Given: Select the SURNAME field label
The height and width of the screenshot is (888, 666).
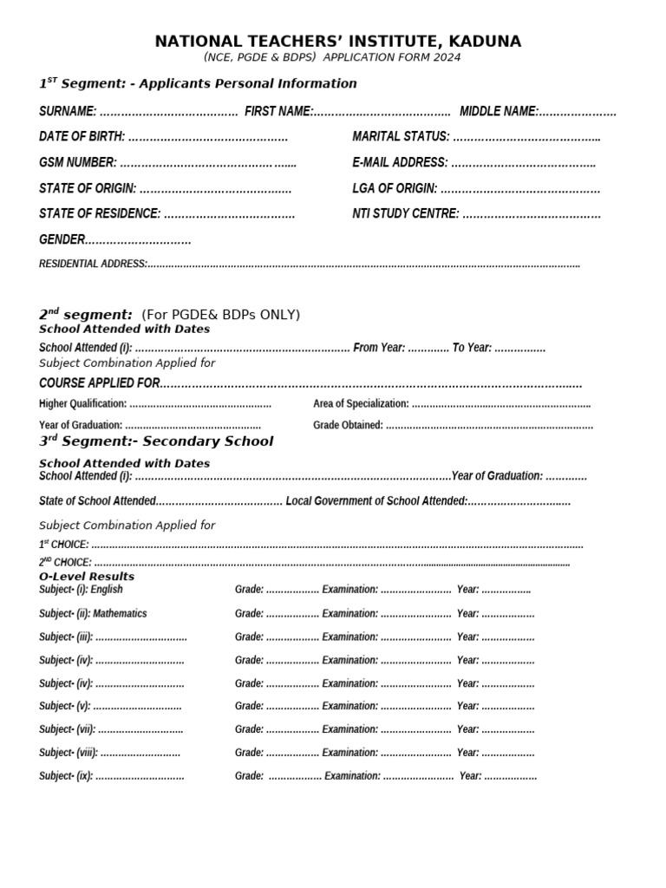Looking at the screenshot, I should tap(68, 111).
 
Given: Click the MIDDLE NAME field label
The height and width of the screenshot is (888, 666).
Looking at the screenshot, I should tap(499, 111).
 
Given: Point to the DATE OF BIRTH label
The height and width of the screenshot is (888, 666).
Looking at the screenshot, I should tap(82, 137).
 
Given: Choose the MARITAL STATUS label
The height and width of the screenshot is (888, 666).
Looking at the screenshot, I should tap(401, 137).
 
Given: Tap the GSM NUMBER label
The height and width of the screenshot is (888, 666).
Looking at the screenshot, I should tap(78, 162).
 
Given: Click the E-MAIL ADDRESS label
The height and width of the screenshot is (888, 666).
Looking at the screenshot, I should tap(400, 162).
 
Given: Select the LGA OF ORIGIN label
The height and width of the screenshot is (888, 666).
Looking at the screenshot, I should tap(395, 188).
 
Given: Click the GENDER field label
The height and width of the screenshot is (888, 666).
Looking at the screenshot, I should tap(62, 239).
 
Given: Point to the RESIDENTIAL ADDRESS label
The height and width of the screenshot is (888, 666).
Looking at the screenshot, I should tap(93, 264).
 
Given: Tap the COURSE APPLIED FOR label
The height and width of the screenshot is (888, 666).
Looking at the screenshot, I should tap(100, 382).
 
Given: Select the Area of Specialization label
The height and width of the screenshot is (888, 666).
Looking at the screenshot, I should tap(361, 404).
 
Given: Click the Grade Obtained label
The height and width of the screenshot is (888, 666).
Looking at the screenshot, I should tap(348, 425).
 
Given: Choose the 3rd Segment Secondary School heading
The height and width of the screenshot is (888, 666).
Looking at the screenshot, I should tap(156, 441).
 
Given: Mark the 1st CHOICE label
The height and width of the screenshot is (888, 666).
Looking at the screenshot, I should tap(63, 545).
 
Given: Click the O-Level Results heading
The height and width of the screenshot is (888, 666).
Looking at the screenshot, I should tap(87, 577).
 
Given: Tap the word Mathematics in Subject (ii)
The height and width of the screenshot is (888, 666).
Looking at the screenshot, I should tap(120, 613).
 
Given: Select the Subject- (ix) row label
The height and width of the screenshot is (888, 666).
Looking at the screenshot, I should tap(66, 776).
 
